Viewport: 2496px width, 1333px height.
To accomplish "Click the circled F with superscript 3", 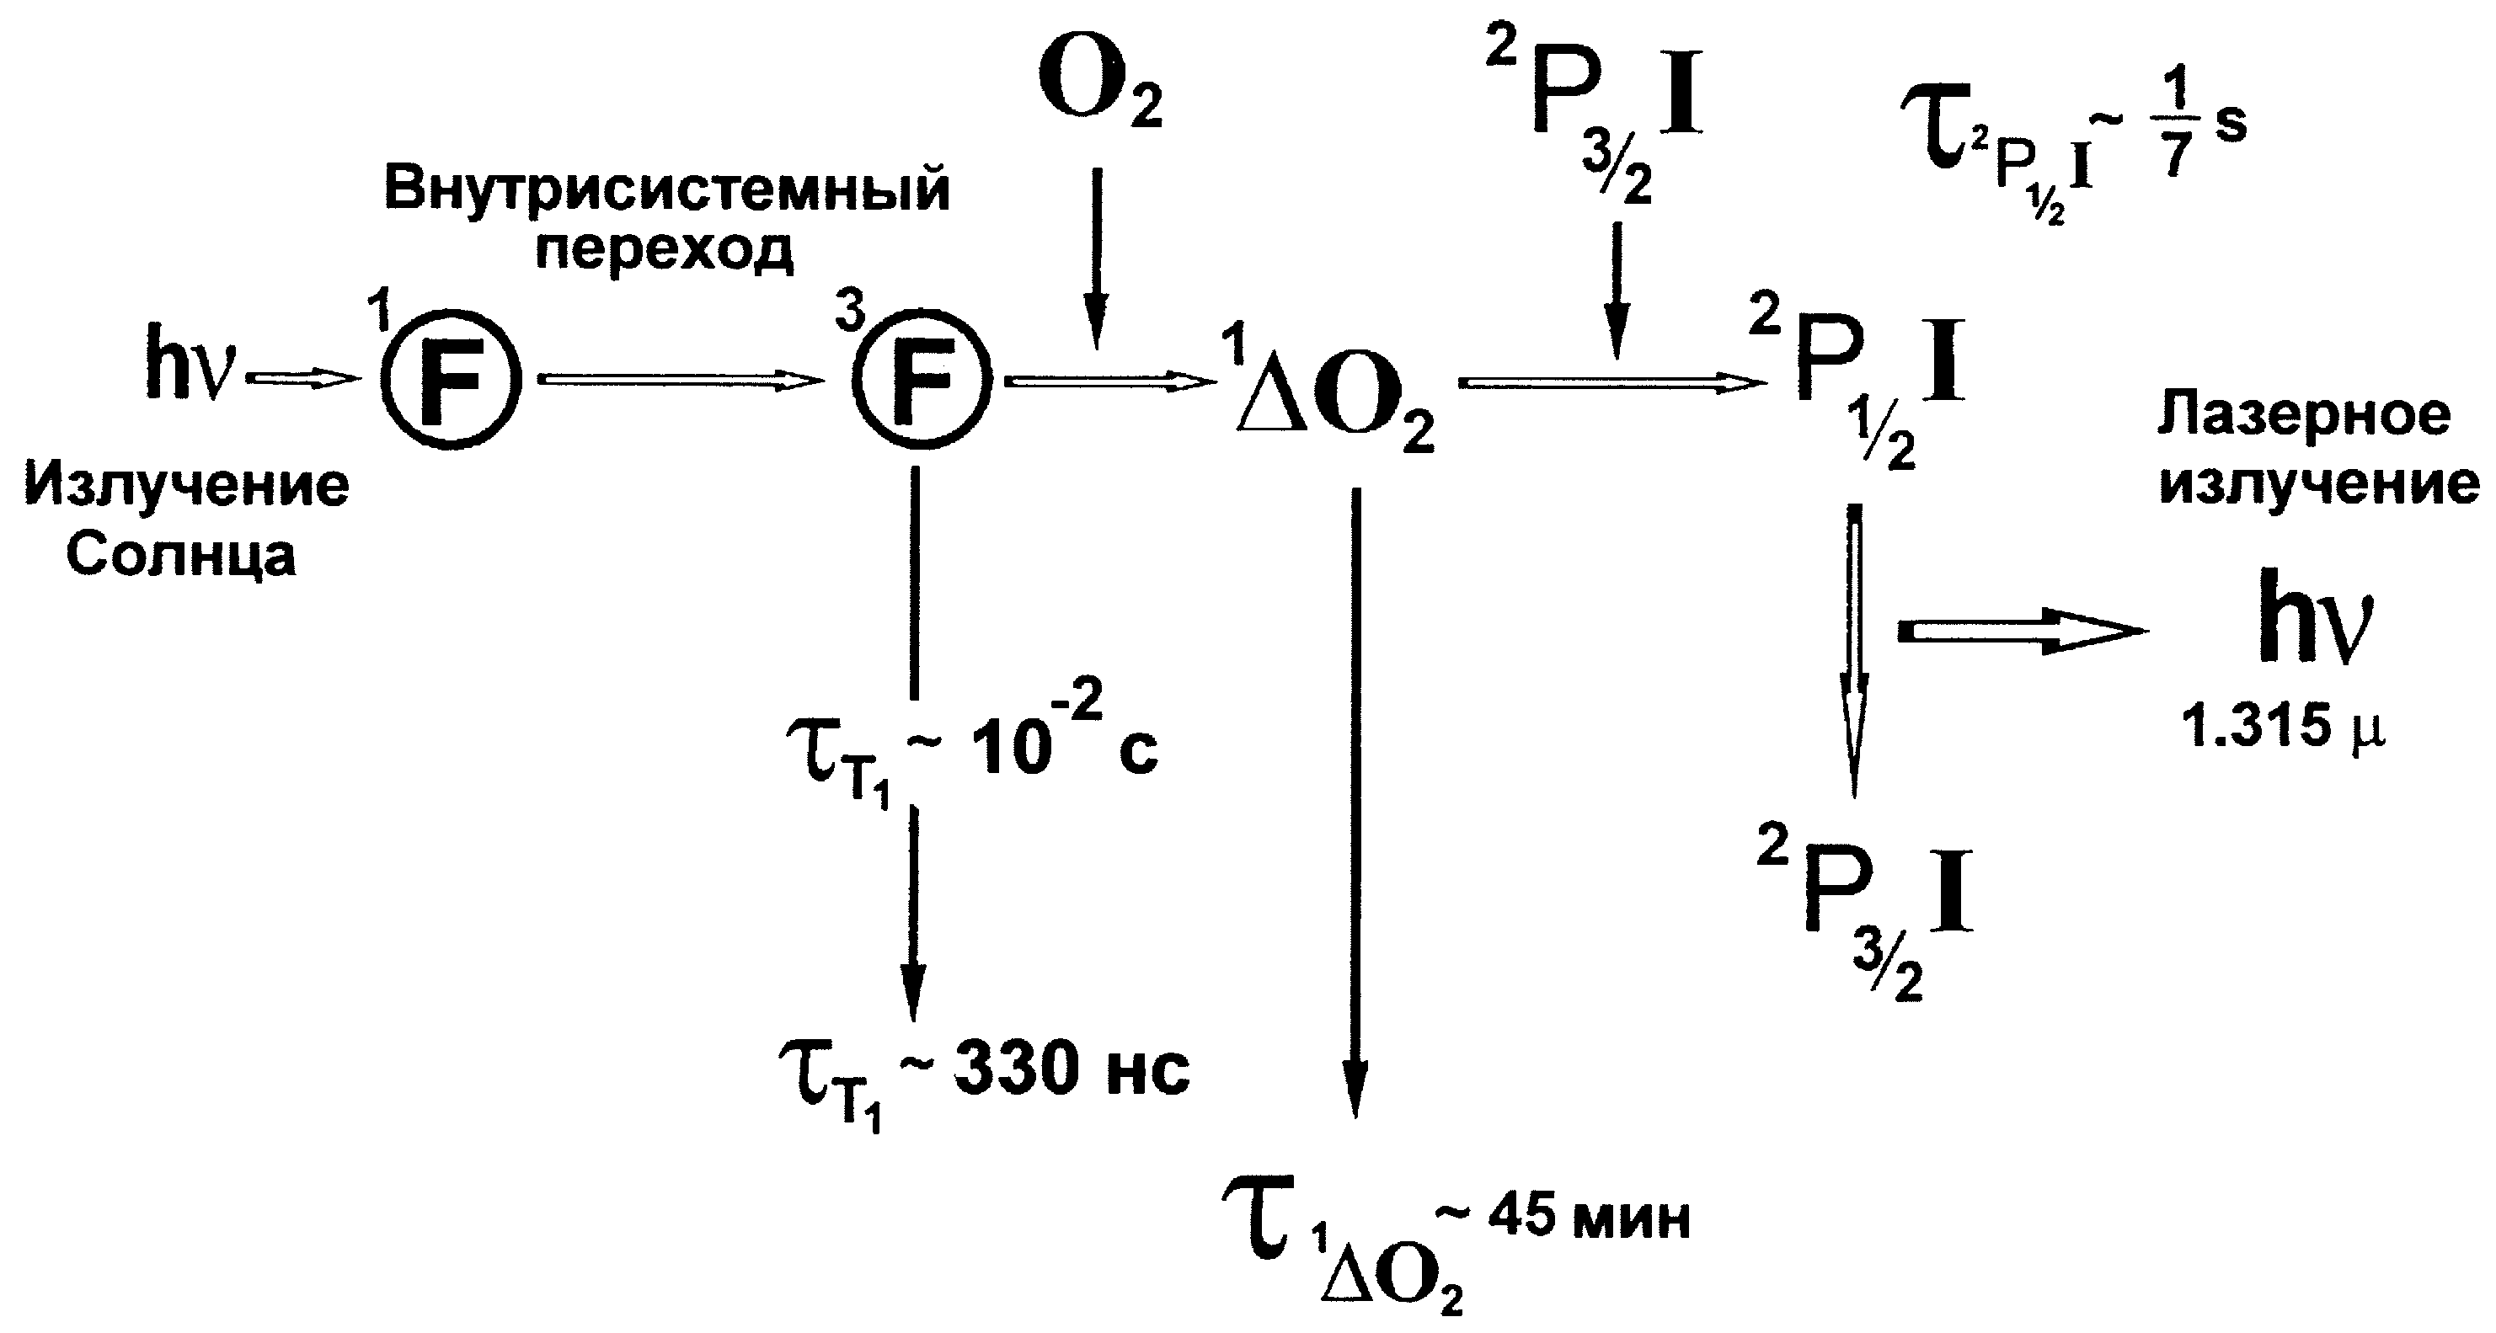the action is click(x=922, y=378).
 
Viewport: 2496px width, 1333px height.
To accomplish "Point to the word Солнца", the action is click(x=181, y=556).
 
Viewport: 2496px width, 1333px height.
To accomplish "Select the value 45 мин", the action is click(x=1588, y=1217).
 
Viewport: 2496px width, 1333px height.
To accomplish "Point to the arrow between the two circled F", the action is click(x=682, y=381).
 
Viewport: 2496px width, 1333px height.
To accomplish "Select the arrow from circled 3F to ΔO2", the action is click(x=1110, y=381).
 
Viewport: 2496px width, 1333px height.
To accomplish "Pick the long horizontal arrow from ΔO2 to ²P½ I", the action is click(x=1613, y=385).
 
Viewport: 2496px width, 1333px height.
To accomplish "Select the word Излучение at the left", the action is click(x=187, y=484).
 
